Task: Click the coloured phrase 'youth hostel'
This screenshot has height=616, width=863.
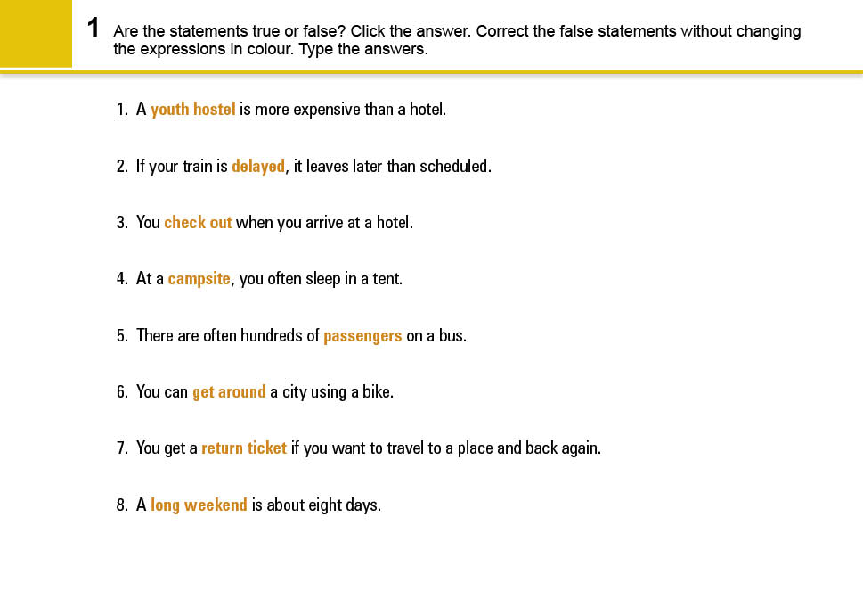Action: click(192, 110)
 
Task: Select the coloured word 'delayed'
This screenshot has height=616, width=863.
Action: click(258, 166)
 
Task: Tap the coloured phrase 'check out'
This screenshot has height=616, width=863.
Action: click(198, 222)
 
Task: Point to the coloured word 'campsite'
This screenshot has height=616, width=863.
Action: click(199, 279)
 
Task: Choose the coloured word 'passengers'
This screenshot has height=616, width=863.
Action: click(362, 336)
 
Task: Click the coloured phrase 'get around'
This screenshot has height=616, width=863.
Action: click(229, 392)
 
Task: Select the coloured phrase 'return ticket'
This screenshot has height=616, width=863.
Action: click(244, 448)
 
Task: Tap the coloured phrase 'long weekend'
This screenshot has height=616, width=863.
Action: click(199, 505)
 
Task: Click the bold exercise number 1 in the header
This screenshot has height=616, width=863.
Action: click(93, 29)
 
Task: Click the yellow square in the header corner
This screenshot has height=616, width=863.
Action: click(36, 33)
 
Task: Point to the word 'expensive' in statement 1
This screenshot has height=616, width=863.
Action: click(326, 110)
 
